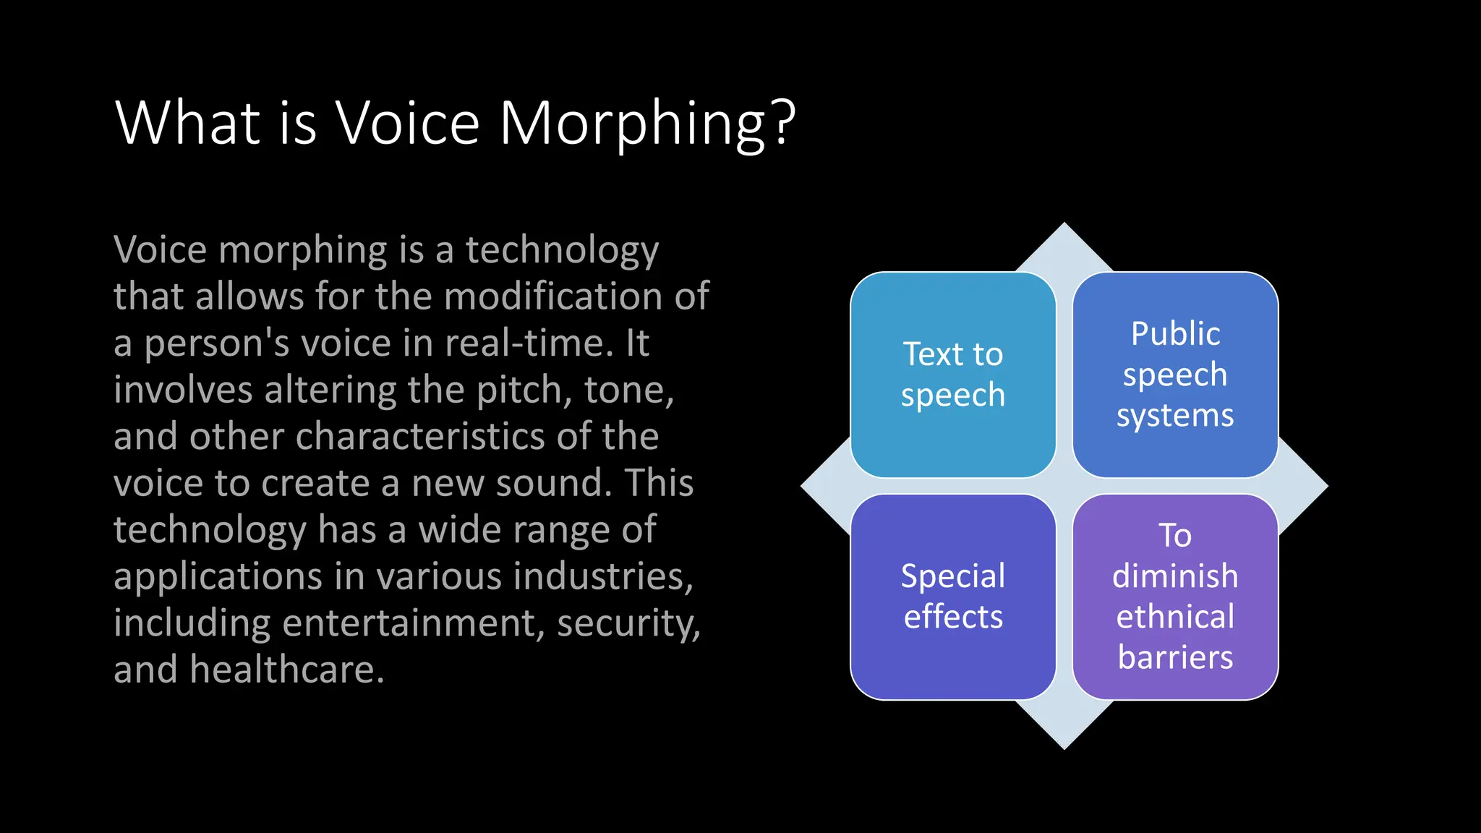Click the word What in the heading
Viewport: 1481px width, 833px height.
pyautogui.click(x=187, y=123)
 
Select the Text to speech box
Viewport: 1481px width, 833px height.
pyautogui.click(x=953, y=375)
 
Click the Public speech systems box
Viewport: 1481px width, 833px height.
pyautogui.click(x=1175, y=375)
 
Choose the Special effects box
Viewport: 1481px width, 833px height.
pyautogui.click(x=953, y=597)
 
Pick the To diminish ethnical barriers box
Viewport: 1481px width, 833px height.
pyautogui.click(x=1175, y=597)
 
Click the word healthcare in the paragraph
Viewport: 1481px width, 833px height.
pyautogui.click(x=287, y=670)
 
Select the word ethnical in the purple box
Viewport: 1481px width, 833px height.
pyautogui.click(x=1175, y=617)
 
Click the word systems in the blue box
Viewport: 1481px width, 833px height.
pyautogui.click(x=1175, y=416)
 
